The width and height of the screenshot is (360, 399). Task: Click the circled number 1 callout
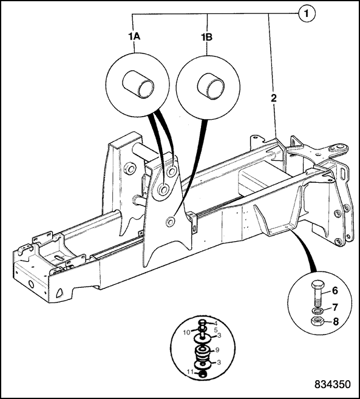[307, 13]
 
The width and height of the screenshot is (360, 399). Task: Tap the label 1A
[134, 37]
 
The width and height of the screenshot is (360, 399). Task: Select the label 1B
[206, 38]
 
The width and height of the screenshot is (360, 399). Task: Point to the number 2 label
[274, 98]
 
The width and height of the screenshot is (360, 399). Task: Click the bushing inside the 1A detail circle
[138, 84]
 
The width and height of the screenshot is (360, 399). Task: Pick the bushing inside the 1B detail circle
[211, 84]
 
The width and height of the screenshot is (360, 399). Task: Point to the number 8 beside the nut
[336, 322]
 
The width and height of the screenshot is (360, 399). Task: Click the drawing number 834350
[333, 384]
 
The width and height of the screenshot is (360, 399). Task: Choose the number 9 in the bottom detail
[217, 350]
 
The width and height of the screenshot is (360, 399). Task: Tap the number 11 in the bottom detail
[191, 372]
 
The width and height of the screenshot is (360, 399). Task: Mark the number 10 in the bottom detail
[187, 333]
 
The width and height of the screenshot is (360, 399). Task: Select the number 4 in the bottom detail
[216, 324]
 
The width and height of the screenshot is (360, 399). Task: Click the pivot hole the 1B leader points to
[170, 221]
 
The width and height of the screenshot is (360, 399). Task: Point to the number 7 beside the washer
[335, 307]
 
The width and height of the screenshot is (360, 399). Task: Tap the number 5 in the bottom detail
[216, 330]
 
